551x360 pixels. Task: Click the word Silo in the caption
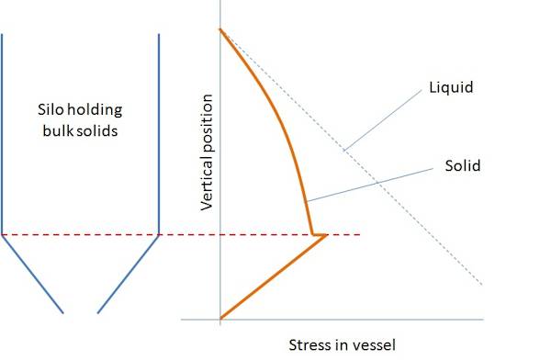click(53, 110)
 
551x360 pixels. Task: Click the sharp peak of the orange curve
click(328, 235)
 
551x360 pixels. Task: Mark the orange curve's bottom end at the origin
click(220, 319)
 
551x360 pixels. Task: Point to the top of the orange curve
click(220, 29)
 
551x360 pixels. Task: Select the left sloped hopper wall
click(33, 275)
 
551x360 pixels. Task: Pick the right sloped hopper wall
click(129, 275)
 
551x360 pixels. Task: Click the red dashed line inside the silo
click(81, 235)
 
